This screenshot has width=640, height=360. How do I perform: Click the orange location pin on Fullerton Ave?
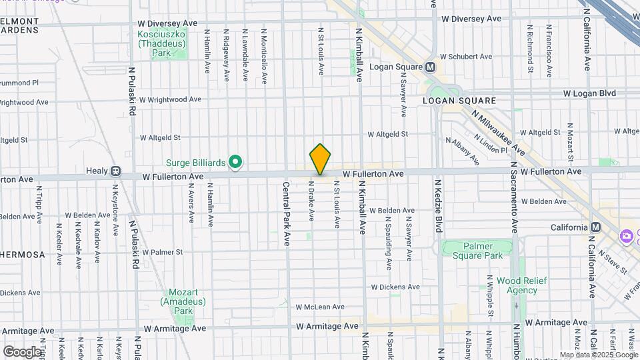[x=321, y=159]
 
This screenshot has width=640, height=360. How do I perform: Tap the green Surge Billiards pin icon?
[x=235, y=161]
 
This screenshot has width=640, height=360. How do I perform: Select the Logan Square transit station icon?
[x=430, y=67]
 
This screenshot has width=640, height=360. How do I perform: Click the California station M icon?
[x=596, y=227]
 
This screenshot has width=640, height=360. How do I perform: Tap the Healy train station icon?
[x=115, y=171]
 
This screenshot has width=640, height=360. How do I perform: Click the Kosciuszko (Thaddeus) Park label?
[x=160, y=43]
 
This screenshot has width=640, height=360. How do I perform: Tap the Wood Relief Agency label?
[x=517, y=285]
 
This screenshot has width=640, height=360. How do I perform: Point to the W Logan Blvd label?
[x=589, y=93]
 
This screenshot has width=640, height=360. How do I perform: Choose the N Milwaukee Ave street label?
[x=497, y=133]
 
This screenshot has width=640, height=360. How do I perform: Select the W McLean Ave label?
[x=320, y=307]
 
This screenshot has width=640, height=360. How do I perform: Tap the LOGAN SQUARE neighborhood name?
[x=459, y=101]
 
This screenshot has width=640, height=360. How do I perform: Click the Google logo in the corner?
[x=21, y=351]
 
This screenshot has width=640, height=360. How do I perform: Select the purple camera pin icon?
[x=625, y=236]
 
